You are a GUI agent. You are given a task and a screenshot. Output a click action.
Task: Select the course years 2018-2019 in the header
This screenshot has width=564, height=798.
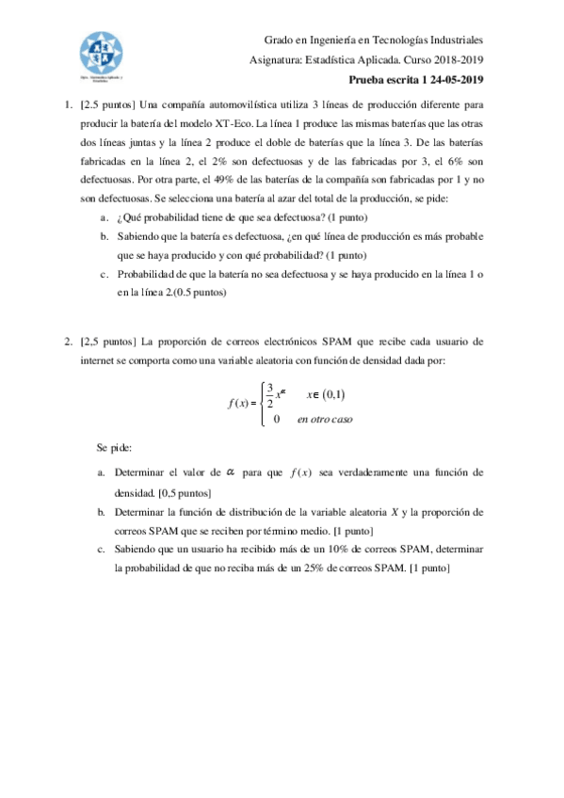click(x=457, y=61)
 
